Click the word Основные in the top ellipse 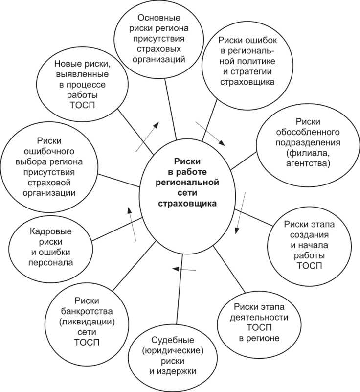click(153, 18)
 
